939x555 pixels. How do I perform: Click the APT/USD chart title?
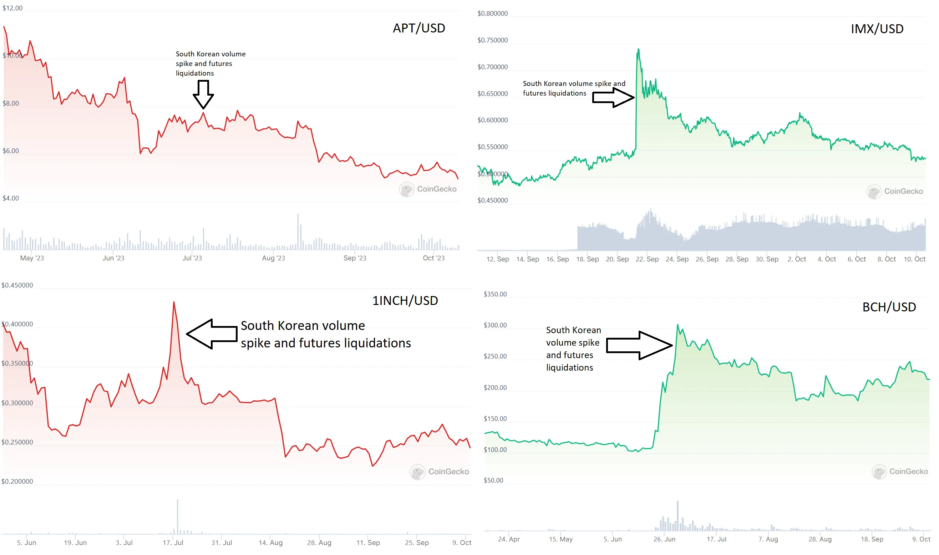click(418, 28)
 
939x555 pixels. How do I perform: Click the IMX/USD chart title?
click(877, 29)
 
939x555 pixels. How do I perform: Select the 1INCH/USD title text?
click(405, 301)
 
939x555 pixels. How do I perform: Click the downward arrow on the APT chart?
click(203, 95)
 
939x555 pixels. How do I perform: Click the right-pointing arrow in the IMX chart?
click(613, 98)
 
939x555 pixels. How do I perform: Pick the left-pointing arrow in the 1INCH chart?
click(212, 334)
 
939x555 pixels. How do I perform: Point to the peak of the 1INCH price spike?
click(174, 302)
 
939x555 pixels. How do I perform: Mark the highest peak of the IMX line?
click(638, 49)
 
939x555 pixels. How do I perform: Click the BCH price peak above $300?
click(677, 325)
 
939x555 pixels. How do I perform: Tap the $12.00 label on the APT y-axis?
click(12, 8)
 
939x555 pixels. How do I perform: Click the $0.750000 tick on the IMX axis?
click(492, 40)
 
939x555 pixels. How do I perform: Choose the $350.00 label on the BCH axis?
click(495, 294)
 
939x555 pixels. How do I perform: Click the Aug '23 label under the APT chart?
click(273, 258)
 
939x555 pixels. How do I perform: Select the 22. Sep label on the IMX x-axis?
click(647, 259)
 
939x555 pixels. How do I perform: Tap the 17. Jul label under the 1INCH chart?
click(173, 542)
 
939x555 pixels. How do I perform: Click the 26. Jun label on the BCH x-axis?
click(664, 539)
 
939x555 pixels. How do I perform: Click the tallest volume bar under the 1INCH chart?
click(178, 516)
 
